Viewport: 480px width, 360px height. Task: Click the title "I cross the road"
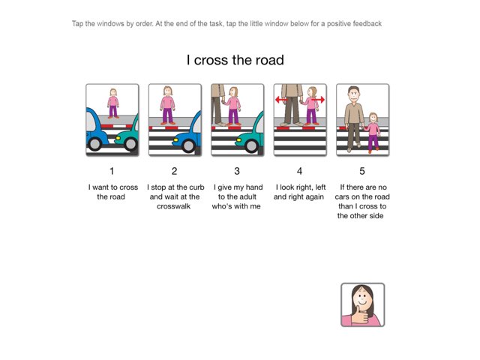pos(235,60)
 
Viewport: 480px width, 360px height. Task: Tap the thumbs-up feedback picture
pos(362,304)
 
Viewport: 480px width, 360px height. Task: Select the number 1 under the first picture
pos(112,171)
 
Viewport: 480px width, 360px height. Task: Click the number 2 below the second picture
pos(174,171)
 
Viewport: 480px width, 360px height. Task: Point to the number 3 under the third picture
pos(237,171)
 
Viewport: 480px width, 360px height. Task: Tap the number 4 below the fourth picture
pos(299,171)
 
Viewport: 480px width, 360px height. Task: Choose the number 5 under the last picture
pos(361,171)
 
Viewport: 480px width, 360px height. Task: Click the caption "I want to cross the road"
pos(112,192)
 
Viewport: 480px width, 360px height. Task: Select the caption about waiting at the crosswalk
pos(174,196)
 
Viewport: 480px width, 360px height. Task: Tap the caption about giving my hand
pos(237,196)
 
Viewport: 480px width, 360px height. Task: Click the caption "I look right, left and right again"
pos(299,192)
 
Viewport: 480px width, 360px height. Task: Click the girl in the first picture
pos(112,103)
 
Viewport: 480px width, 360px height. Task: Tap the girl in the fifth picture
pos(373,131)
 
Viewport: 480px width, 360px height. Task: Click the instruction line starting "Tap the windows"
pos(226,24)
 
